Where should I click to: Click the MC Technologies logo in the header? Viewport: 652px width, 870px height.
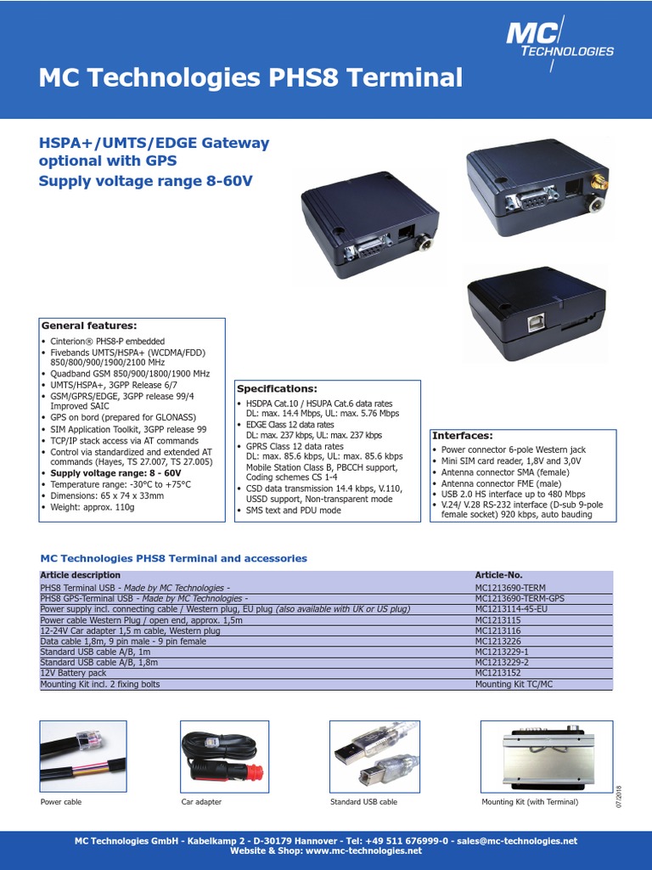[559, 41]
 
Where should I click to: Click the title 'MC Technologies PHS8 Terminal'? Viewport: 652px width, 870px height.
[250, 78]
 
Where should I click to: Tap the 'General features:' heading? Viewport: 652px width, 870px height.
[89, 325]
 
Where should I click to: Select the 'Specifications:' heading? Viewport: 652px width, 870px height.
[276, 387]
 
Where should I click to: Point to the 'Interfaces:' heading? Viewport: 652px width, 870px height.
[463, 435]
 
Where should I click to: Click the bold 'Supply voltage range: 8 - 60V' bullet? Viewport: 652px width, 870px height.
[115, 472]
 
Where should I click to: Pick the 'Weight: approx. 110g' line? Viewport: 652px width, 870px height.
[93, 507]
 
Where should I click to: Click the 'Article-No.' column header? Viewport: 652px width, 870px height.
[499, 575]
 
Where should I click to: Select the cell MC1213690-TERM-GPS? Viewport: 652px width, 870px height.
[520, 598]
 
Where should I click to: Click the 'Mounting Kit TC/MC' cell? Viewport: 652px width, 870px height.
[514, 684]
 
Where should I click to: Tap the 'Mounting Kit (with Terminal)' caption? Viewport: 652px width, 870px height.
[530, 802]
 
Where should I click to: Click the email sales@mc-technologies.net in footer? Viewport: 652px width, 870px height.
[518, 841]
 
